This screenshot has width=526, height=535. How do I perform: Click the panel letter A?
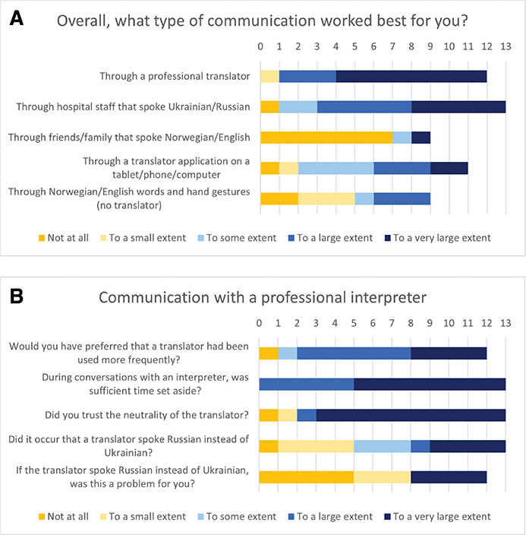pos(17,18)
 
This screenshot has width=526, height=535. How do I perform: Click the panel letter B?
pos(17,296)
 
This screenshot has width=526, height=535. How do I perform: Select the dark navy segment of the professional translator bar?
pos(411,76)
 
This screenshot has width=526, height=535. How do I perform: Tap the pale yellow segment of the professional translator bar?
pos(269,76)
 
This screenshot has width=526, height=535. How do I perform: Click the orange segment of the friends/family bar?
pos(326,138)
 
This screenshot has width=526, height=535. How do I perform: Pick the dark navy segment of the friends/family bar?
pos(420,138)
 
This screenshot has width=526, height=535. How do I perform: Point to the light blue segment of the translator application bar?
pos(335,168)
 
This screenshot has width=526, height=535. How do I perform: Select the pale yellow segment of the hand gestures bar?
pos(326,198)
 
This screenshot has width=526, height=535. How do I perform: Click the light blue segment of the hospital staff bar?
pos(298,107)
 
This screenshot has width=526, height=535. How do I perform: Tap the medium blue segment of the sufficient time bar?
pos(307,385)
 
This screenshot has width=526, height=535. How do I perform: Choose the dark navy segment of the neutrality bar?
pos(411,415)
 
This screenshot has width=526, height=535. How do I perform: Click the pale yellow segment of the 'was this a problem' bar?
pos(382,477)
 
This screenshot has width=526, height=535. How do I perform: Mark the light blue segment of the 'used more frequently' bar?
pos(288,353)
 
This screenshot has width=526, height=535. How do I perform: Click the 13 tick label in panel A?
pos(506,46)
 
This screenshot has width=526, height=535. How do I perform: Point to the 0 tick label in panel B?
pos(259,323)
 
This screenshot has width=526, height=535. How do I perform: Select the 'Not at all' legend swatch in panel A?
pos(42,238)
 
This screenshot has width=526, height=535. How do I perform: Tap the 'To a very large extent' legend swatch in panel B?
pos(387,517)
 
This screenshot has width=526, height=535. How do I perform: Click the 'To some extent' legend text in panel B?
pos(241,517)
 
